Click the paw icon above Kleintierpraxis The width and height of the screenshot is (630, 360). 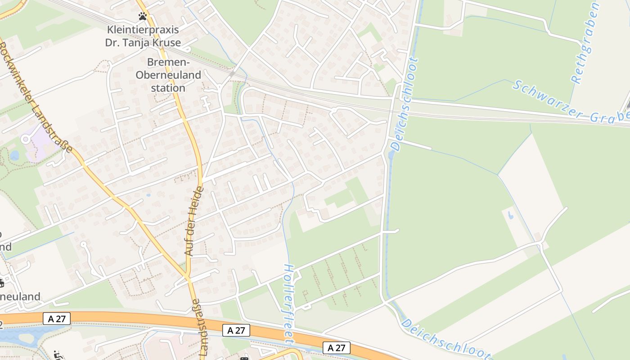click(143, 17)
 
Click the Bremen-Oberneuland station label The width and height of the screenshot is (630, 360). click(168, 75)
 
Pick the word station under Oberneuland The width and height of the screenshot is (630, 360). click(168, 88)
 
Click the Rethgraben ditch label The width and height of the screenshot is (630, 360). click(585, 43)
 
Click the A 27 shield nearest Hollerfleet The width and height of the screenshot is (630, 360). click(236, 330)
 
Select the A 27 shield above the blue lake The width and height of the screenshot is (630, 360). click(57, 319)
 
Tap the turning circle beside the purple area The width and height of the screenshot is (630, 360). click(25, 139)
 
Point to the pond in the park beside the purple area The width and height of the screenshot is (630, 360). click(14, 156)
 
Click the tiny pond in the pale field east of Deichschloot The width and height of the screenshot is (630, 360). click(510, 215)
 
